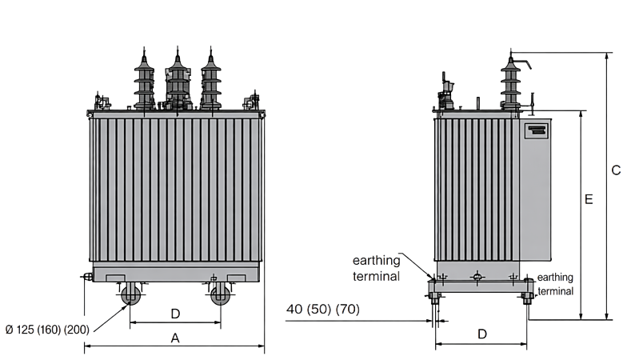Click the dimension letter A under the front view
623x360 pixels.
[175, 338]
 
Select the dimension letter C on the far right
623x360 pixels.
[616, 170]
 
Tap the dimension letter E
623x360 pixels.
[589, 199]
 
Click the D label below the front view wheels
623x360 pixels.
[175, 314]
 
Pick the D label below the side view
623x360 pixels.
[482, 334]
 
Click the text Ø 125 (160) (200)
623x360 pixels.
[47, 330]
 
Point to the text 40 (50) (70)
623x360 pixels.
[323, 309]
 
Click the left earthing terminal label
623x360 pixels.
[376, 268]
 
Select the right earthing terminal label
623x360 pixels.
[556, 284]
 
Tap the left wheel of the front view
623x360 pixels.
[130, 295]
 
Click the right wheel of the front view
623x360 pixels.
[220, 295]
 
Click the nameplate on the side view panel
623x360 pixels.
[537, 130]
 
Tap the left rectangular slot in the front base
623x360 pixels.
[116, 278]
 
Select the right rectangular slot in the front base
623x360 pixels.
[236, 278]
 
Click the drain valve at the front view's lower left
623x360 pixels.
[87, 277]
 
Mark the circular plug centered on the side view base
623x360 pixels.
[477, 277]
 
